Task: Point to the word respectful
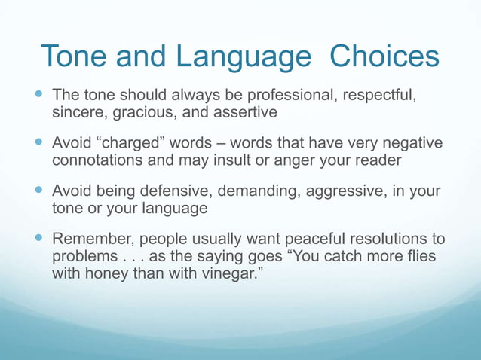[377, 96]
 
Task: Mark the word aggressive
[340, 191]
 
